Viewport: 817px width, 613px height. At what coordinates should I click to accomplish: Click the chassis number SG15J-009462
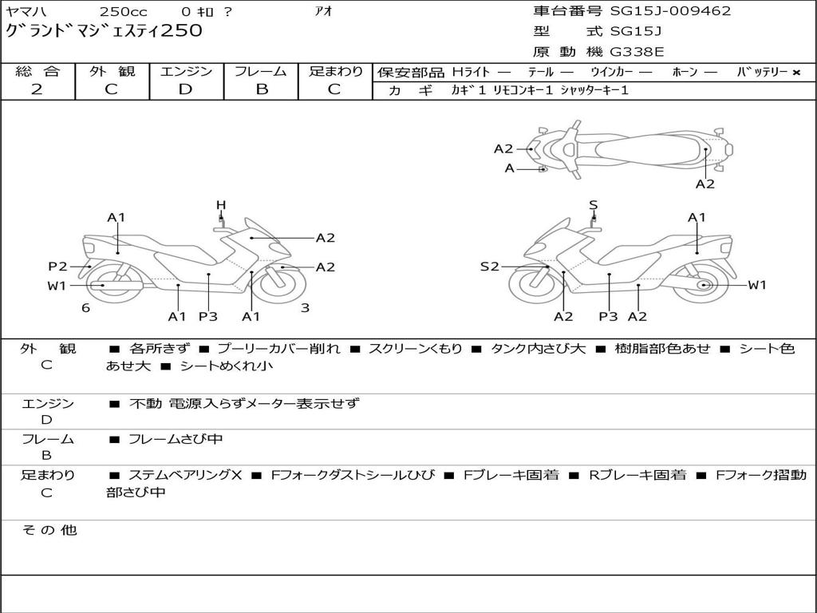coord(670,11)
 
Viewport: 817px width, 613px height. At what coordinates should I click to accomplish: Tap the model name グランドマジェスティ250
coord(104,31)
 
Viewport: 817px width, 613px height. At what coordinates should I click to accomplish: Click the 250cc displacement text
coord(123,11)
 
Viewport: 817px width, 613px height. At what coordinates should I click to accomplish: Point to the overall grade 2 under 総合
coord(37,89)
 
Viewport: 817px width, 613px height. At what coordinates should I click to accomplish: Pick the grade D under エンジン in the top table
coord(185,89)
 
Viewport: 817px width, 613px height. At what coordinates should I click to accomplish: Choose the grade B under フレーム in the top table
coord(262,89)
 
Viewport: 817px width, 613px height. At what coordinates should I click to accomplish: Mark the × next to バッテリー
coord(796,73)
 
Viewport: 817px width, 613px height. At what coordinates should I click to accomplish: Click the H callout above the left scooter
coord(221,205)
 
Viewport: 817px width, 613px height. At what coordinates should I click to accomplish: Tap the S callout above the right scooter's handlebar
coord(593,205)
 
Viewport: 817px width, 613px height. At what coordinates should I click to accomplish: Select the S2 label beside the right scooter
coord(489,267)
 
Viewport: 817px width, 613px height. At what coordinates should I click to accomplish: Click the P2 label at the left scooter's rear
coord(57,267)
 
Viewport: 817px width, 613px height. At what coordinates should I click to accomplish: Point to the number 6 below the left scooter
coord(86,308)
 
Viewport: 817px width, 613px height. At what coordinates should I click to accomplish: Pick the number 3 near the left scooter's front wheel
coord(306,308)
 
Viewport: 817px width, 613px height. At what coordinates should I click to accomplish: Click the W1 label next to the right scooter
coord(757,285)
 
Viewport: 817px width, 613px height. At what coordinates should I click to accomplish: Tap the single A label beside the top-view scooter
coord(510,168)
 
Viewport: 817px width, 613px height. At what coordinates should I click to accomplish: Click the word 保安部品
coord(411,73)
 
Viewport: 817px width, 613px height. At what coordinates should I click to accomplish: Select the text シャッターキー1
coord(594,90)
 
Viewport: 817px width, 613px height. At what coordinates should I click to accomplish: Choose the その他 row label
coord(49,530)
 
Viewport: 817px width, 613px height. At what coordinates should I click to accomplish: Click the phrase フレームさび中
coord(176,440)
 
